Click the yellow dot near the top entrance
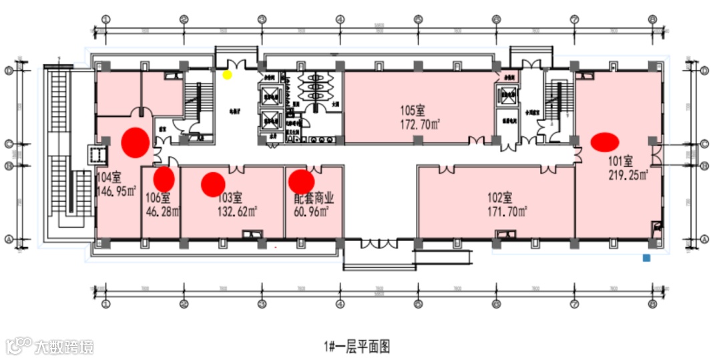tap(227, 74)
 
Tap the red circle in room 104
tap(136, 142)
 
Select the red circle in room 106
tap(164, 178)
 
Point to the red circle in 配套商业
tap(301, 180)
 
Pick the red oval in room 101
tap(605, 141)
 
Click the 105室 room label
tap(413, 111)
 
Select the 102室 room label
tap(499, 197)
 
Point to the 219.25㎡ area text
tap(628, 175)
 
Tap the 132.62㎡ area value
tap(238, 212)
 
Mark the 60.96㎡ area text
tap(311, 212)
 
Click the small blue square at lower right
tap(646, 256)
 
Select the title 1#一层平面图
tap(357, 346)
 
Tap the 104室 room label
tap(108, 178)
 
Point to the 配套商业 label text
tap(314, 198)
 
